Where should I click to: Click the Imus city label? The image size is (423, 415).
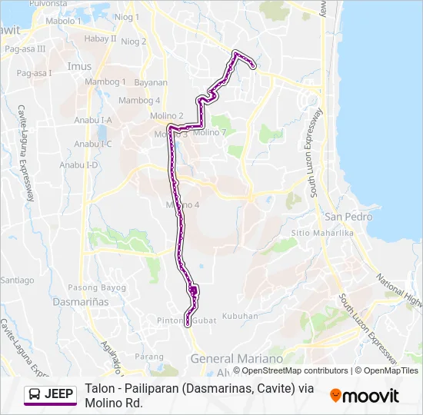(x=79, y=67)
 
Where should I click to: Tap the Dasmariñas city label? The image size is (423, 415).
(x=80, y=302)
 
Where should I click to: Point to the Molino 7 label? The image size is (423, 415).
(x=210, y=132)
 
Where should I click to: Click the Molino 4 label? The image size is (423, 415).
(x=183, y=204)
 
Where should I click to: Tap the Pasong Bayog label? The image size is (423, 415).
(x=97, y=287)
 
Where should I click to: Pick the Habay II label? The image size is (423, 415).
(x=100, y=38)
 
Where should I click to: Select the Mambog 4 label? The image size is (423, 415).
(x=139, y=101)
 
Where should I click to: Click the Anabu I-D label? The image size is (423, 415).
(x=85, y=164)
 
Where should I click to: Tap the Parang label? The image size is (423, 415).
(x=149, y=357)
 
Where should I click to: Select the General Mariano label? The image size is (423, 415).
(x=237, y=359)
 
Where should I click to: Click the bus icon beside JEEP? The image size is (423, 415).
(x=35, y=394)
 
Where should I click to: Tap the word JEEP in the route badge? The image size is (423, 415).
(x=59, y=394)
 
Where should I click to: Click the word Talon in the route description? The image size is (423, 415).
(x=101, y=388)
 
